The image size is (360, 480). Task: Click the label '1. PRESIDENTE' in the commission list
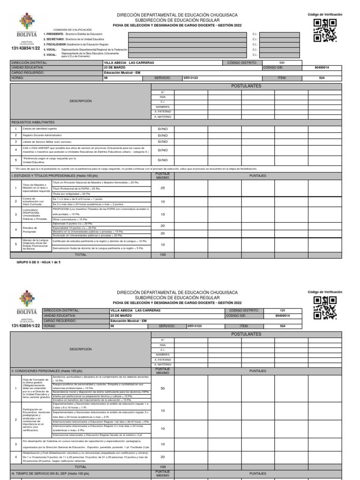pos(54,34)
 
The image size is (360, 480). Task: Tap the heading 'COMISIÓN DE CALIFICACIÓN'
pos(72,29)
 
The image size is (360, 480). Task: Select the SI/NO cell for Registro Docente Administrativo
pos(162,135)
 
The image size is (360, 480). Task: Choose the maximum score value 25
pos(162,188)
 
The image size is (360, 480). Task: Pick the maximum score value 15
pos(162,214)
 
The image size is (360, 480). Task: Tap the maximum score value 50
pos(162,389)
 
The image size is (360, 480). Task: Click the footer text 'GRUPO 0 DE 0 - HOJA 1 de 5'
pos(38,262)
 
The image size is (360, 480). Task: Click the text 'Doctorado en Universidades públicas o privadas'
pos(88,235)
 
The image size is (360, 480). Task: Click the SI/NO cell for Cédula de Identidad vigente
pos(162,128)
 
